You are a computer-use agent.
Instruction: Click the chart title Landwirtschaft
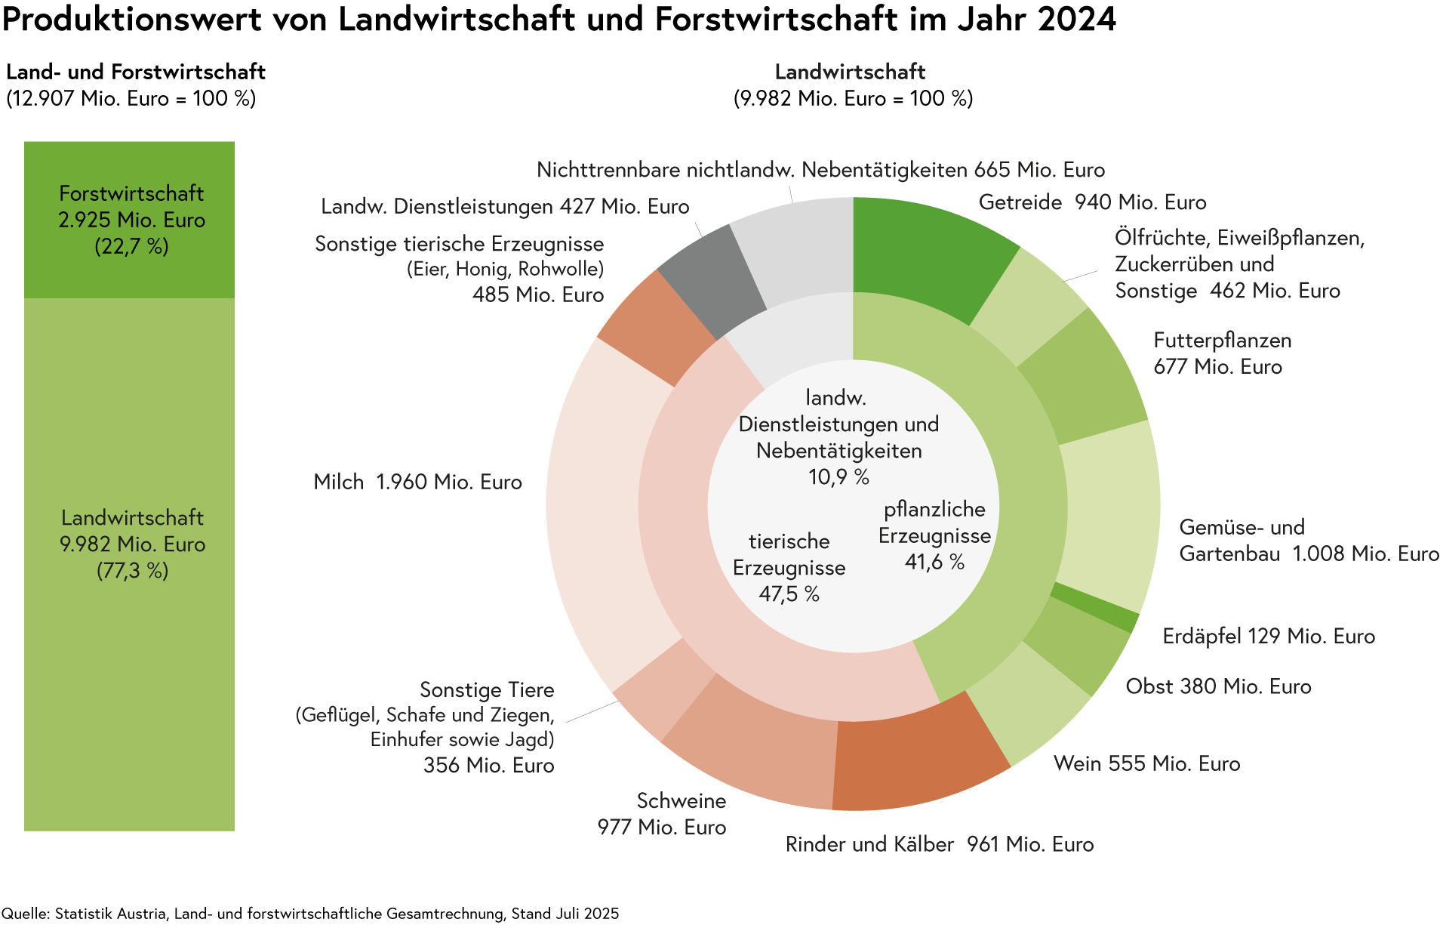pyautogui.click(x=849, y=72)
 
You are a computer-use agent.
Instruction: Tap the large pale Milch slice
pyautogui.click(x=596, y=506)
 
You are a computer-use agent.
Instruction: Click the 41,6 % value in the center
pyautogui.click(x=934, y=563)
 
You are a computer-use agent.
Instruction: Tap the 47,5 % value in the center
pyautogui.click(x=789, y=594)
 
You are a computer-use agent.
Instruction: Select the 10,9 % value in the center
pyautogui.click(x=838, y=477)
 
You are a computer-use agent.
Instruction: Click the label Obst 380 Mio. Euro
pyautogui.click(x=1218, y=686)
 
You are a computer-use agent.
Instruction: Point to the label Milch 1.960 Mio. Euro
pyautogui.click(x=417, y=482)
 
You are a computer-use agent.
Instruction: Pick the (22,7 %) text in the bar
pyautogui.click(x=131, y=247)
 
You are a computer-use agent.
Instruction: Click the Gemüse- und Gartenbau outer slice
pyautogui.click(x=1109, y=513)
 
